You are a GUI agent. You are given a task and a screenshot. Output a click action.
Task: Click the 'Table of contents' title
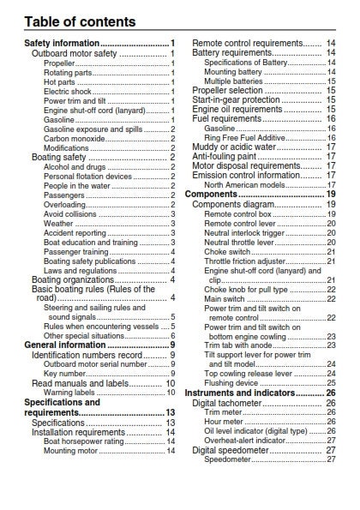(80, 21)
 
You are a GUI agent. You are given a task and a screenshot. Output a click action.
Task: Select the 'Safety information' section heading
(62, 43)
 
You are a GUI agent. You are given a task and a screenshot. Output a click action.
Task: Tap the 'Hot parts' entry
(59, 82)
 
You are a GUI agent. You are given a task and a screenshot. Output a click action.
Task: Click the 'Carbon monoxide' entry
(75, 139)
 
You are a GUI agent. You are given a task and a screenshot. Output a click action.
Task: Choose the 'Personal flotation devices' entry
(87, 177)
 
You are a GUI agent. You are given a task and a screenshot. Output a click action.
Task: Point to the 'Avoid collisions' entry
(70, 214)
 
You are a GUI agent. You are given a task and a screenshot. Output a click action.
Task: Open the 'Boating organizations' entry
(73, 279)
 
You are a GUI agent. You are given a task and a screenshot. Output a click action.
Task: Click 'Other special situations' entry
(84, 336)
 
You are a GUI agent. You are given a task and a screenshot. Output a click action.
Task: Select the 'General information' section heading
(65, 345)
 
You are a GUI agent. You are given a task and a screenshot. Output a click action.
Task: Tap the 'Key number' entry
(65, 374)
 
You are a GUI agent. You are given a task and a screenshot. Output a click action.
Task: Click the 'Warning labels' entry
(69, 393)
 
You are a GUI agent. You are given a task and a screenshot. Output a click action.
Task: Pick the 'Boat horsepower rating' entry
(84, 441)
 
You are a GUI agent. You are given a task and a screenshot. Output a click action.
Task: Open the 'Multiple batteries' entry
(233, 81)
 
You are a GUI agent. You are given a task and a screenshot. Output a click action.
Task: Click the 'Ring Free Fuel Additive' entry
(244, 138)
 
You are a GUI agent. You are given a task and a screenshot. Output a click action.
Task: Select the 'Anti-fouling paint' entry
(224, 157)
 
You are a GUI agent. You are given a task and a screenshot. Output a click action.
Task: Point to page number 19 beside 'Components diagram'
(331, 204)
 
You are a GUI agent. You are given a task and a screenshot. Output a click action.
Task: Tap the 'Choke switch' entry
(227, 252)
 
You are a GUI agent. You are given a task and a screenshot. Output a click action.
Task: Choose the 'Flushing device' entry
(231, 383)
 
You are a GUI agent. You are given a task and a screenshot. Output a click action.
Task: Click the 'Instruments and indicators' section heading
(240, 393)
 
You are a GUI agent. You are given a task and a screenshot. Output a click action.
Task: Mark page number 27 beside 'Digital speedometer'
(331, 450)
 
